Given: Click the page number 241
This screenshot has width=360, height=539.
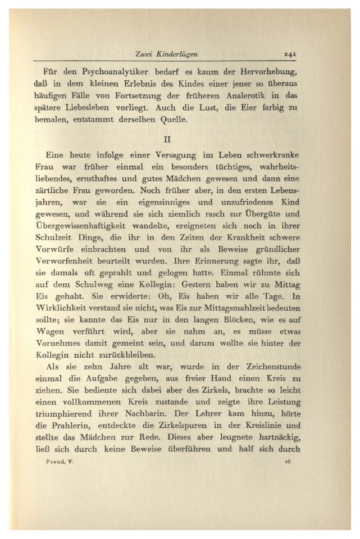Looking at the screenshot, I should click(x=290, y=54).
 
